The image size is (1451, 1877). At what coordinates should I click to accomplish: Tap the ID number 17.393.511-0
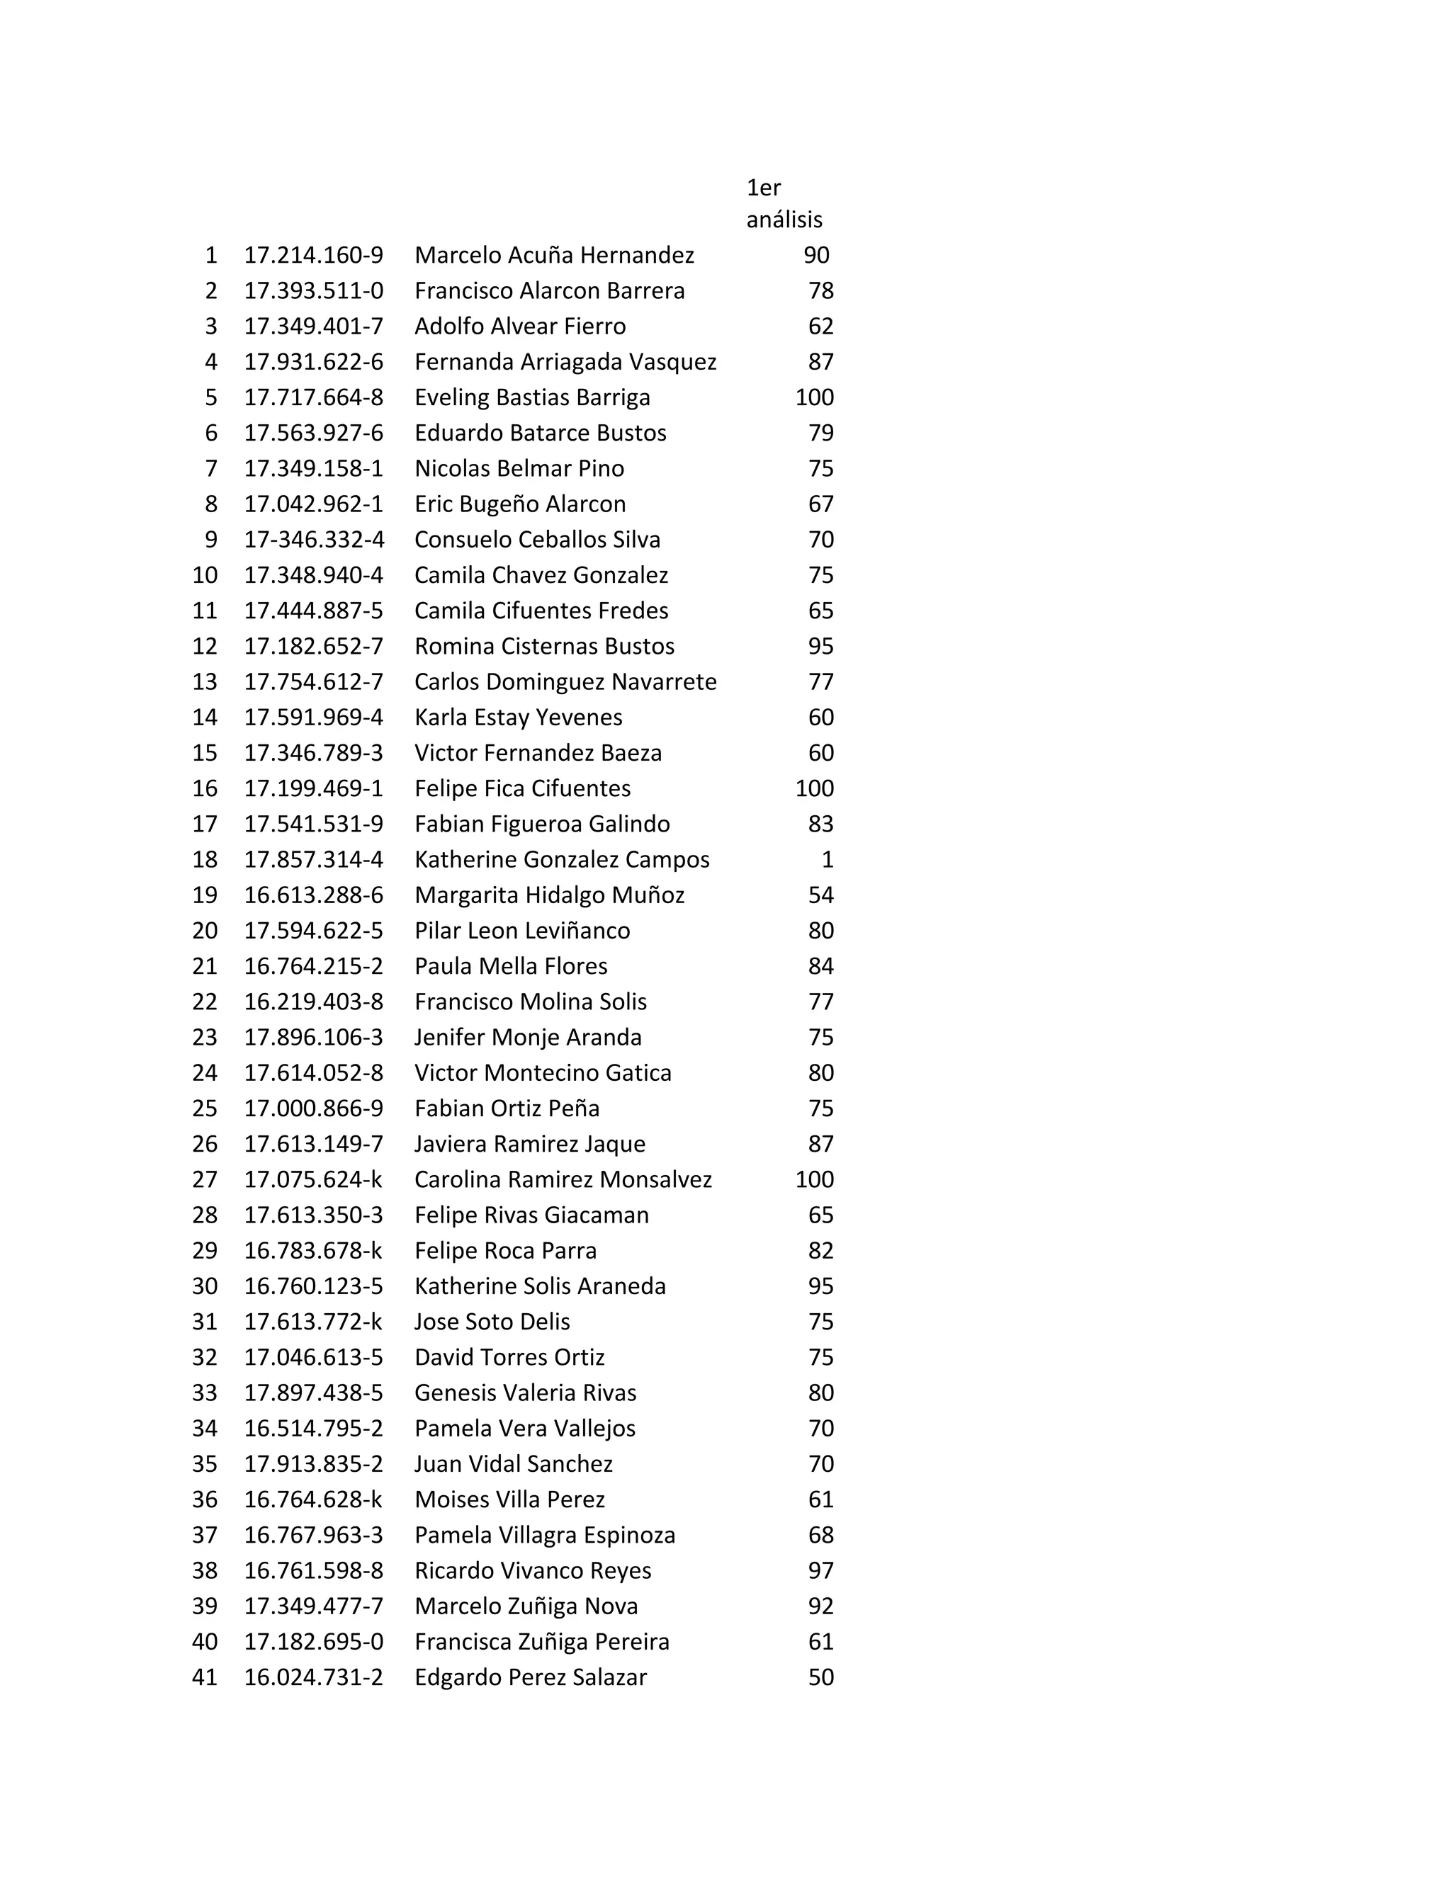(313, 290)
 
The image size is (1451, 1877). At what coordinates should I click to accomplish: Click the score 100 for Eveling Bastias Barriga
(814, 397)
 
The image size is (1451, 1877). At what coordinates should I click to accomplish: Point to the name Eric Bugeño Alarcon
(519, 504)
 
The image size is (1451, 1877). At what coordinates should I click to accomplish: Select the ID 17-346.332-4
(314, 540)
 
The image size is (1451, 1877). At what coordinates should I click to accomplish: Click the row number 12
(205, 646)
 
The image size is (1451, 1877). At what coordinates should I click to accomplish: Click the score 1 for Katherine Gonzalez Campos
(827, 859)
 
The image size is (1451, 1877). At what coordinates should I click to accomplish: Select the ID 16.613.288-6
(313, 895)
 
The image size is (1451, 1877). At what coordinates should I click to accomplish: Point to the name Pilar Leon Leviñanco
(521, 931)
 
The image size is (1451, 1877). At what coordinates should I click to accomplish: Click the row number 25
(205, 1108)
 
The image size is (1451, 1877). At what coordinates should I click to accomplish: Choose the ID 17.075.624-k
(313, 1180)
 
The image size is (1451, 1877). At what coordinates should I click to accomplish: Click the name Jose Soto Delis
(492, 1322)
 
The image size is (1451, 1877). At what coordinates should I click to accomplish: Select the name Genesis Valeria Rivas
(525, 1393)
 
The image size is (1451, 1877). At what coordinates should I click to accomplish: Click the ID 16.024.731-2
(313, 1677)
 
